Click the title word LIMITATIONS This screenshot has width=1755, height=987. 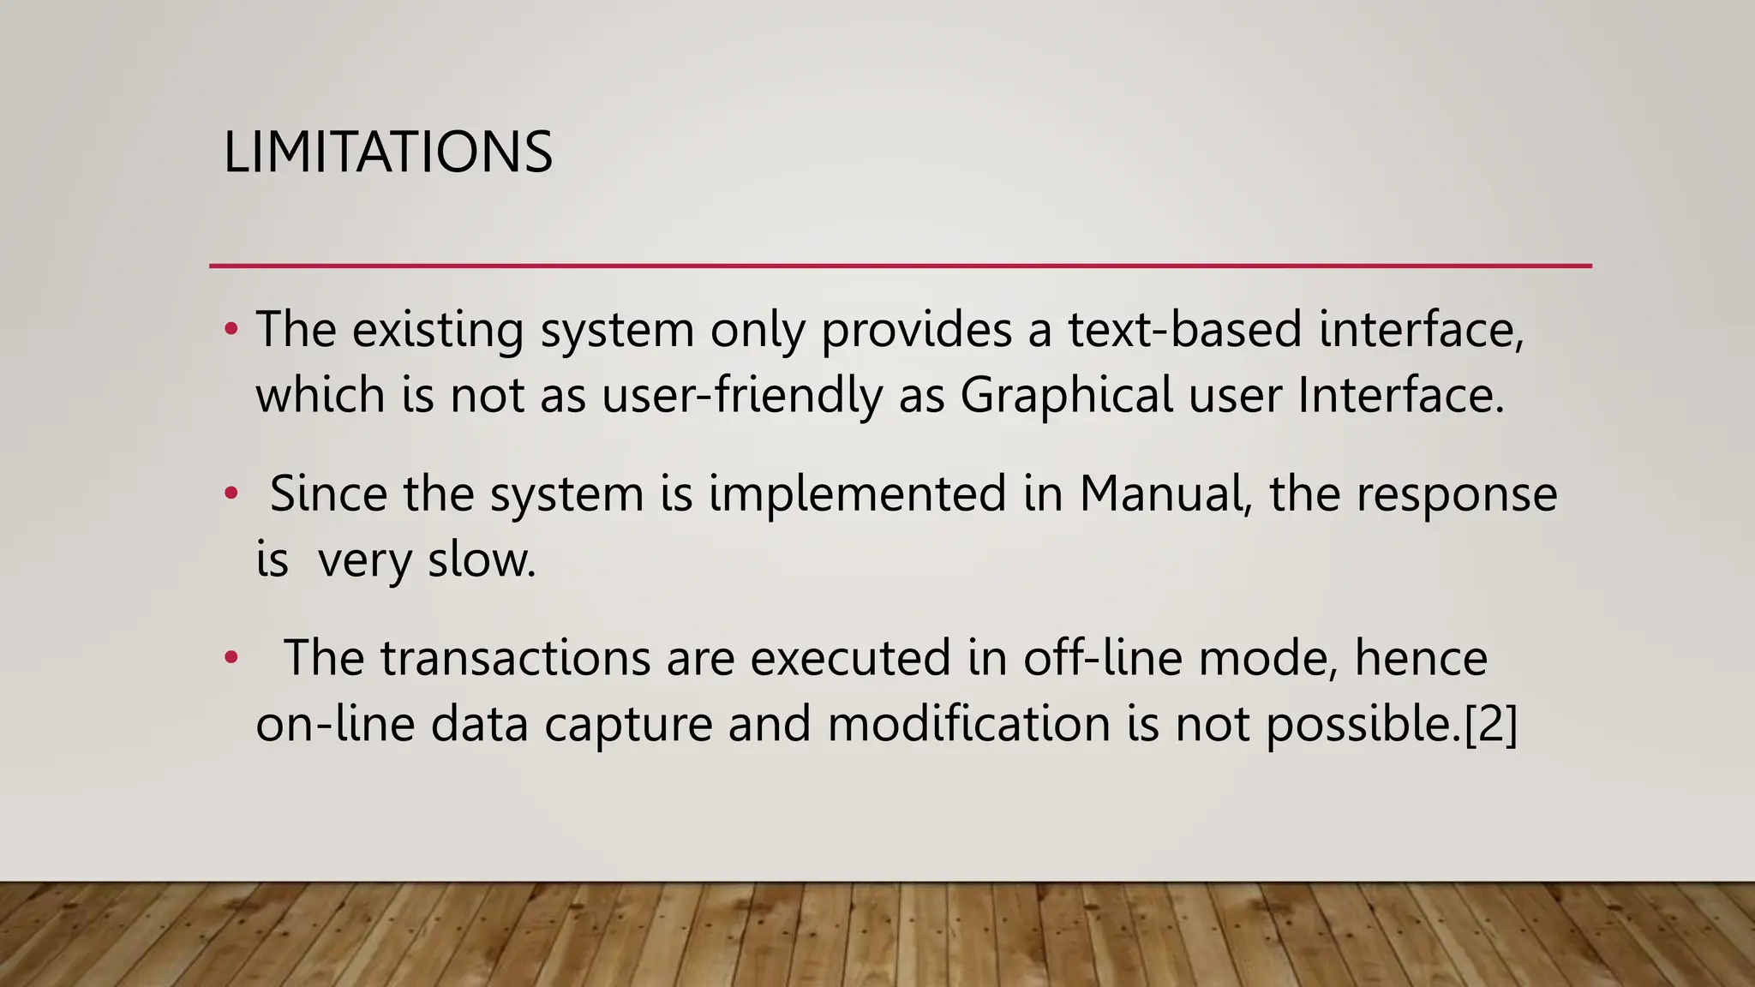387,153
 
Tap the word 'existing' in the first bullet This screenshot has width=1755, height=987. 437,329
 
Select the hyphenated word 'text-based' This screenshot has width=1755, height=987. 1184,329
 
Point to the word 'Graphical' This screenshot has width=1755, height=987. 1066,396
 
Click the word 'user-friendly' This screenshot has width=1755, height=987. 742,396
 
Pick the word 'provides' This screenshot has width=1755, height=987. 916,329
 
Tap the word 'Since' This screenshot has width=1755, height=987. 328,494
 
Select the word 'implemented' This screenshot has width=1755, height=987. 857,494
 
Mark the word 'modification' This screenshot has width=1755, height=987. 969,724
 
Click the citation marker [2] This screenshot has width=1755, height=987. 1492,724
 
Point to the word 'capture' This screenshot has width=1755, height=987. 628,726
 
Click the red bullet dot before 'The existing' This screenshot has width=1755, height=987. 231,329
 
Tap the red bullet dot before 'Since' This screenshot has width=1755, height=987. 231,494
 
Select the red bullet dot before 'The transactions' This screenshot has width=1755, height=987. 231,658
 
